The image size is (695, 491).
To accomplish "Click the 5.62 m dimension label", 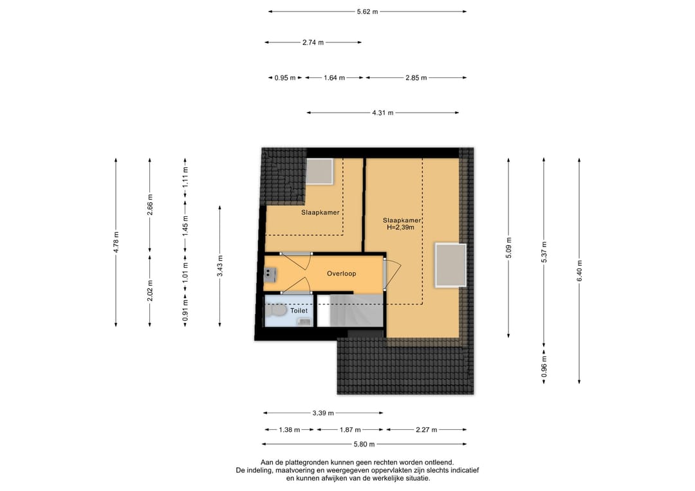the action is click(367, 12).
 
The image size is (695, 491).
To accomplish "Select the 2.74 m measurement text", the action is click(313, 42).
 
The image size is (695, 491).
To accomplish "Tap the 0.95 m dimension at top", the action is click(285, 78).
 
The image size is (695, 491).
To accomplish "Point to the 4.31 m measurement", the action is click(382, 113).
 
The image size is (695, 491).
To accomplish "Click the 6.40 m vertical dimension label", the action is click(579, 270).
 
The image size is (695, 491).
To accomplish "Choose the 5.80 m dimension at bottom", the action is click(364, 444).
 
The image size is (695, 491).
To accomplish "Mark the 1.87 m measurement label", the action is click(350, 429).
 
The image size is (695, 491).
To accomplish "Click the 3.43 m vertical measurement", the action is click(220, 266).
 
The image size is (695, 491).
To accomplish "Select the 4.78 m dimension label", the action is click(116, 243).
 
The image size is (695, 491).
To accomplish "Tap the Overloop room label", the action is click(341, 274).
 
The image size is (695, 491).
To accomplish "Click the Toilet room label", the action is click(299, 311).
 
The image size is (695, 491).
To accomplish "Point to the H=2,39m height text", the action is click(401, 227).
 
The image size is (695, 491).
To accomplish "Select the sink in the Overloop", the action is click(269, 275).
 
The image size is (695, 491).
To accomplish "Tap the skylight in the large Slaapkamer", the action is click(450, 265).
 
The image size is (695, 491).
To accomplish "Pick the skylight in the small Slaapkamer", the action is click(320, 171).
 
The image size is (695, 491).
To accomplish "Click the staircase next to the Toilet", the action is click(350, 310).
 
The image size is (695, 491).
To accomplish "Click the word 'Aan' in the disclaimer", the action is click(266, 463).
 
